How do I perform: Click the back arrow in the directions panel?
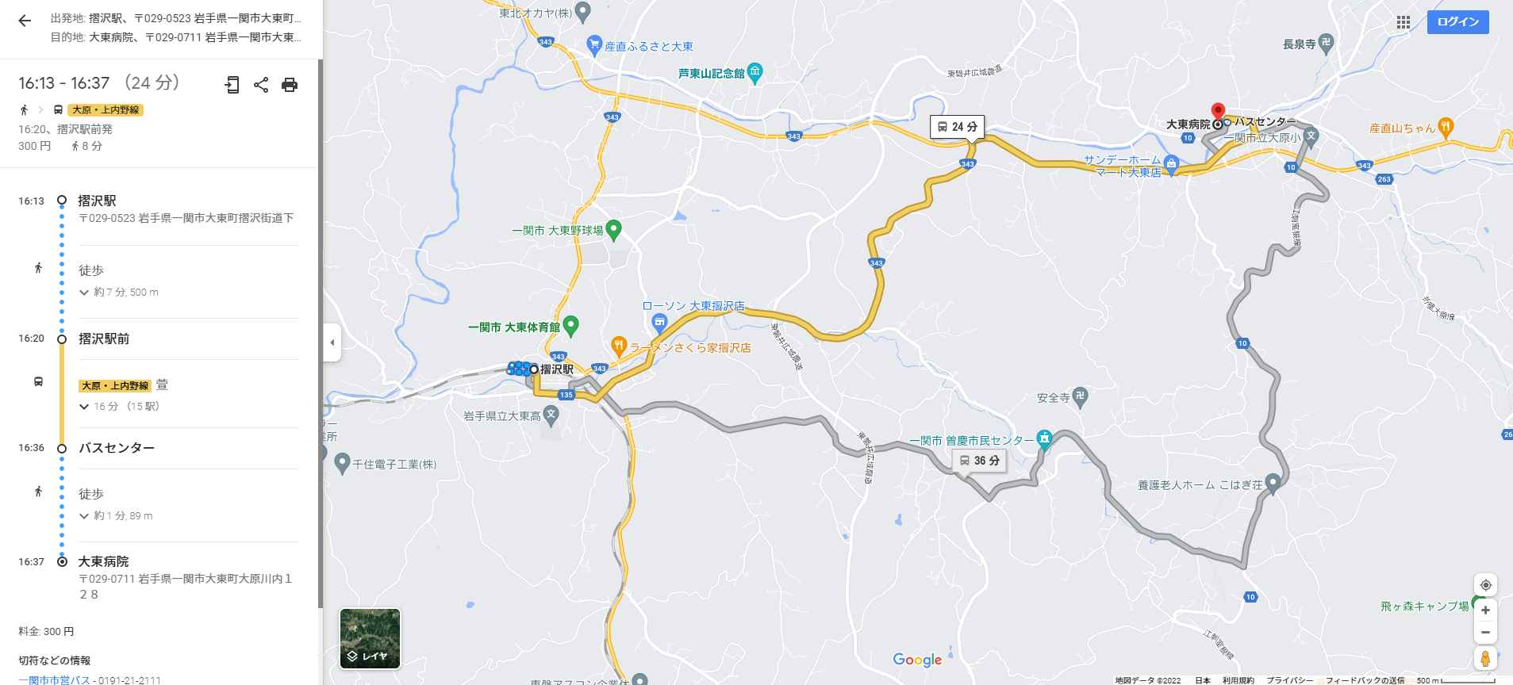tap(25, 21)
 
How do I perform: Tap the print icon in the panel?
tap(290, 85)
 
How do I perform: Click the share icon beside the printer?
tap(261, 85)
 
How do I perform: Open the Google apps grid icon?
tap(1403, 22)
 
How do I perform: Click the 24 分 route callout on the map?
tap(957, 127)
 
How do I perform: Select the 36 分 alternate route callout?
tap(980, 461)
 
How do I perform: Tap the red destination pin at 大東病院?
tap(1218, 111)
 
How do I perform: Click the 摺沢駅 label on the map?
tap(556, 369)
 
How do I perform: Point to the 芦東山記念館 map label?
tap(711, 74)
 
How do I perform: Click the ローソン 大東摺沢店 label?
tap(693, 306)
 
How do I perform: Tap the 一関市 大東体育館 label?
tap(514, 327)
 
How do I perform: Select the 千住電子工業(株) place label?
tap(394, 465)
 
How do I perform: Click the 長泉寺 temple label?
tap(1299, 44)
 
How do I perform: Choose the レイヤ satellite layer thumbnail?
tap(370, 638)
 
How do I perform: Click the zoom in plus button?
tap(1485, 610)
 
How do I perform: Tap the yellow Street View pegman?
tap(1485, 658)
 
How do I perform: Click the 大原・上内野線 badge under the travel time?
tap(106, 110)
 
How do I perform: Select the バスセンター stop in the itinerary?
tap(117, 448)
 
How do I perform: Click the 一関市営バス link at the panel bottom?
tap(54, 679)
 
